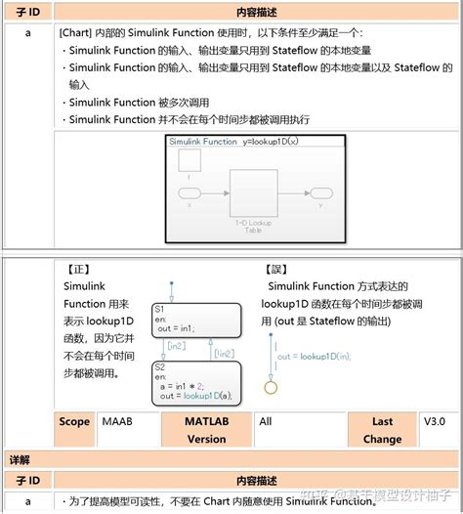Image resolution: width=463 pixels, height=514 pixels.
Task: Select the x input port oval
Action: (189, 192)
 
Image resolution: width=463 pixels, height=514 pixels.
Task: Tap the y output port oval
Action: (319, 192)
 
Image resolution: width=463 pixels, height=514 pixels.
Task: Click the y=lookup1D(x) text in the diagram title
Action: (278, 142)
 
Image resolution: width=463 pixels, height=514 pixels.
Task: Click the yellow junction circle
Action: (272, 387)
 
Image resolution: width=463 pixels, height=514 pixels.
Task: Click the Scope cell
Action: (74, 421)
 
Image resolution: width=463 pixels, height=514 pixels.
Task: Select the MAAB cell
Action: (118, 421)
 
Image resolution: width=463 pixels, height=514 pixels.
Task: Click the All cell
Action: (266, 421)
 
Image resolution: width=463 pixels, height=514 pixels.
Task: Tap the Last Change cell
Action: (382, 430)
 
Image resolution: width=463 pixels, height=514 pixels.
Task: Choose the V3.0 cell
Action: (435, 421)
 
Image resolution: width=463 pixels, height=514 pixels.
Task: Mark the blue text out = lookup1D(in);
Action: (314, 357)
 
